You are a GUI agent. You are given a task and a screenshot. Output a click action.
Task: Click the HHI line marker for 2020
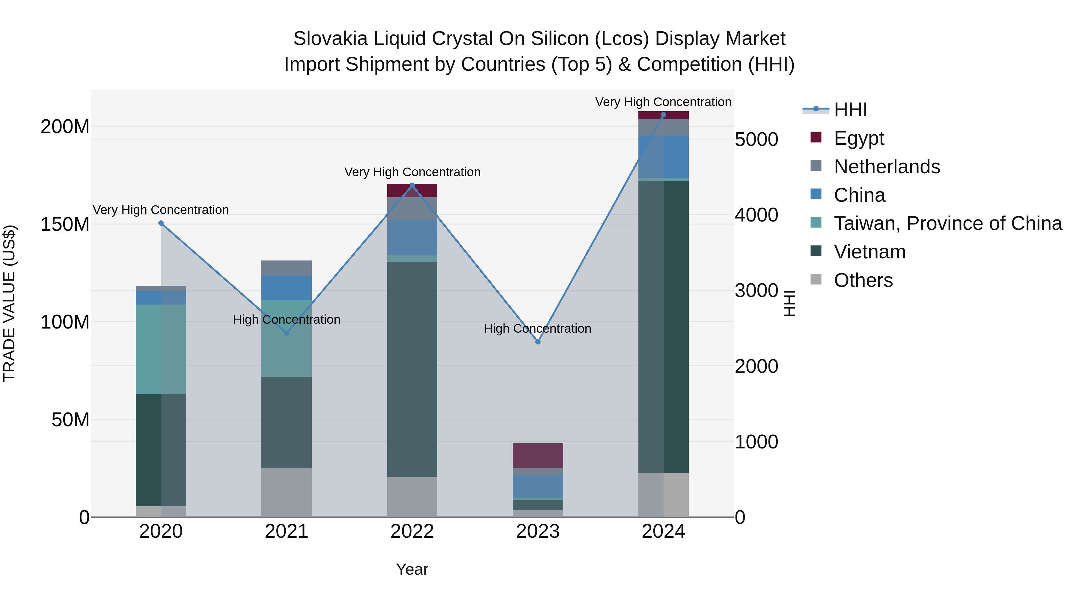(x=161, y=223)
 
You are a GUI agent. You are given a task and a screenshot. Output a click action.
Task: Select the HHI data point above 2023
(x=538, y=342)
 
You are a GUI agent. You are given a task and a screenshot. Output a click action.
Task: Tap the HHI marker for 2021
(x=287, y=333)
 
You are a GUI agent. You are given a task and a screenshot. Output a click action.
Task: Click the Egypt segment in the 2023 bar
(x=538, y=455)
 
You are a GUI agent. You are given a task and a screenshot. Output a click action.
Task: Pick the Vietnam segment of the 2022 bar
(x=412, y=369)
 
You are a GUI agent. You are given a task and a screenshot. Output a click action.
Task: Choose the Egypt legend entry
(x=858, y=138)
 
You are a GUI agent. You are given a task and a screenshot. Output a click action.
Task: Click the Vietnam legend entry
(x=869, y=252)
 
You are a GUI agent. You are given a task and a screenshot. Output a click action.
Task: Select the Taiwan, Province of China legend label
(x=947, y=223)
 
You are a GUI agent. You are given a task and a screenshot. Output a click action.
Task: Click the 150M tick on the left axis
(x=65, y=224)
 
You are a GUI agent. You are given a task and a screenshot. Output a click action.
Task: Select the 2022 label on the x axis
(x=412, y=531)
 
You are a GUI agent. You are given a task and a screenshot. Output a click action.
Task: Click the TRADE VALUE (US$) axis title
(x=9, y=303)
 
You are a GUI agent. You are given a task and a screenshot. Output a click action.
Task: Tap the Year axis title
(x=412, y=569)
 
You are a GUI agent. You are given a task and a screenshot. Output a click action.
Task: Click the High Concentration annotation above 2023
(x=537, y=329)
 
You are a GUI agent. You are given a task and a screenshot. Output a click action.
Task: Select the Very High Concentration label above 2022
(x=412, y=172)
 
